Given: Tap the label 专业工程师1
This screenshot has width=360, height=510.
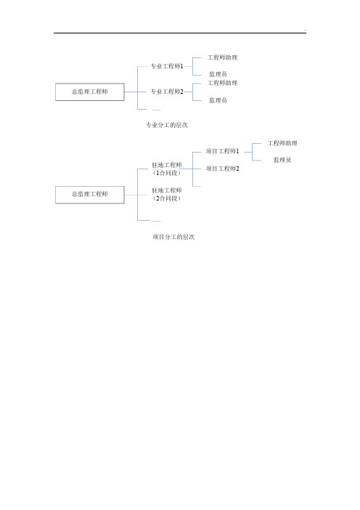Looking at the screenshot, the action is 167,66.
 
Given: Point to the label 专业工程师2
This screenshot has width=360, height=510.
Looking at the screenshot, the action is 167,92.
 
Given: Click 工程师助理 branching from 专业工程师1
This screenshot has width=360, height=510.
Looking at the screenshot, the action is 223,57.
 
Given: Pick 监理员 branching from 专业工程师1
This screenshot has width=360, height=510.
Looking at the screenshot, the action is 218,74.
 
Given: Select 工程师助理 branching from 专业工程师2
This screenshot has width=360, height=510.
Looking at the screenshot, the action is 223,83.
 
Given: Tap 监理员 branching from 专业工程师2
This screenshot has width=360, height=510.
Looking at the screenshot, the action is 218,100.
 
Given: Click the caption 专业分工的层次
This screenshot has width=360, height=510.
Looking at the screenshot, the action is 167,125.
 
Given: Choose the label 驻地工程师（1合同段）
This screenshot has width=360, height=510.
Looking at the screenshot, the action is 167,169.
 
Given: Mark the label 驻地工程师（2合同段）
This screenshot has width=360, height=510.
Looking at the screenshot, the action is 167,195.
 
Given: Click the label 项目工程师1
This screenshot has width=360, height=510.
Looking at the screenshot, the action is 223,151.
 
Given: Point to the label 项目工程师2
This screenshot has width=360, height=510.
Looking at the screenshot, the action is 223,169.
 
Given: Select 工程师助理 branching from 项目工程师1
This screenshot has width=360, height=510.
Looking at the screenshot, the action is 282,143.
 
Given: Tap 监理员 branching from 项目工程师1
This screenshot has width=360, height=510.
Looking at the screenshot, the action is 282,160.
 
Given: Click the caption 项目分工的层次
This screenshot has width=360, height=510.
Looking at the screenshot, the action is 173,237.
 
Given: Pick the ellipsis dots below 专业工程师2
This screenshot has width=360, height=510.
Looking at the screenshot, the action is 156,110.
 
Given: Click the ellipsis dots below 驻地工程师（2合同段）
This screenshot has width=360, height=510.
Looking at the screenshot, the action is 156,221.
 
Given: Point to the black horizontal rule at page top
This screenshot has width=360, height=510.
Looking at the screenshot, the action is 180,33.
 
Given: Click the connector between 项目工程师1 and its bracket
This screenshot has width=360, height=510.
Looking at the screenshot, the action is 248,152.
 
